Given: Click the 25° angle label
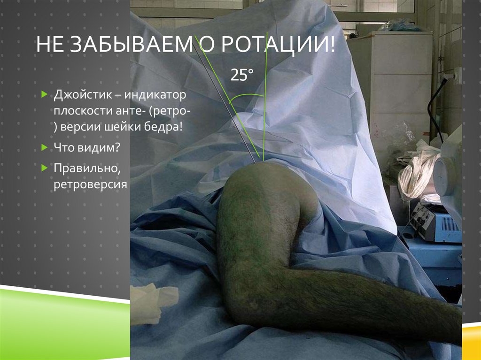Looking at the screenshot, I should (241, 75).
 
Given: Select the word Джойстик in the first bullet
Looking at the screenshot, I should (80, 95).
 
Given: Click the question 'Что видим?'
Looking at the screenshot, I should (87, 147).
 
